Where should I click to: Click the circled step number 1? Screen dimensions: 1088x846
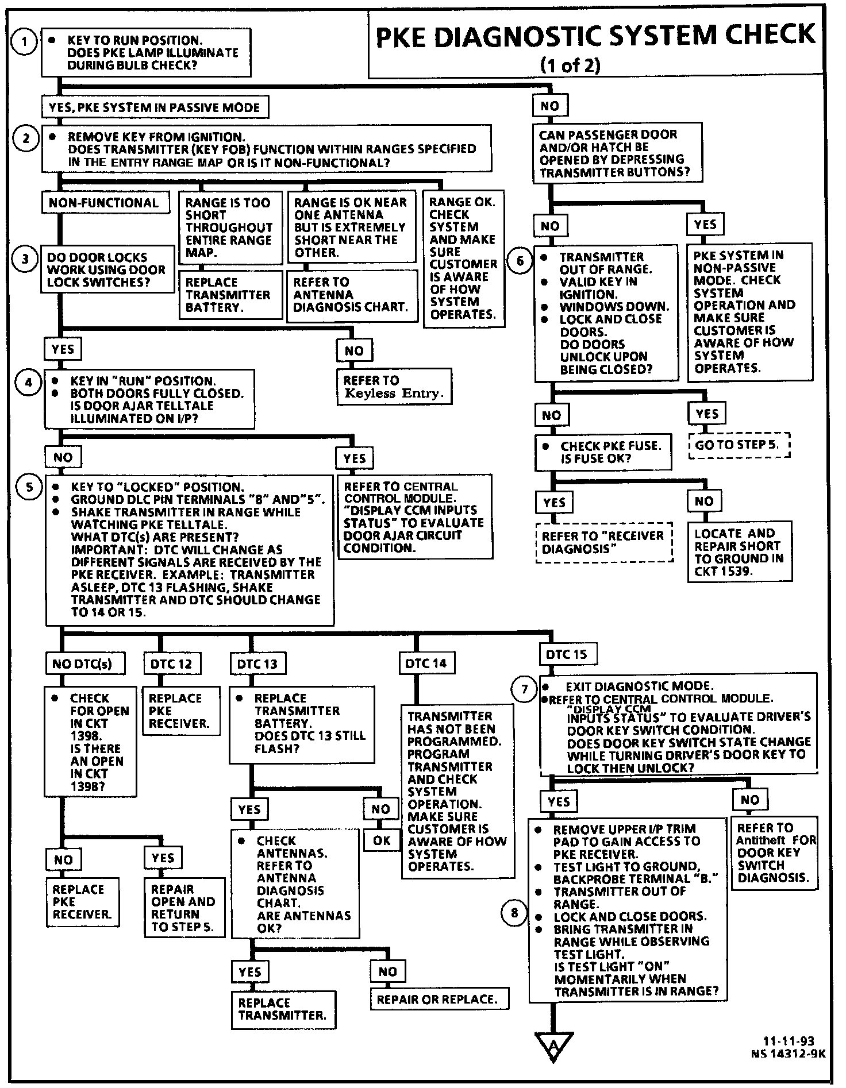coord(24,42)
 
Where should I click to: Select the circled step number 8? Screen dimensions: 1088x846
coord(514,913)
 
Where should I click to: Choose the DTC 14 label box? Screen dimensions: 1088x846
coord(426,663)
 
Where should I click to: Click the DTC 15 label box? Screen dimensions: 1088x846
coord(567,654)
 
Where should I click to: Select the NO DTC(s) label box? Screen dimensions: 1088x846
coord(82,664)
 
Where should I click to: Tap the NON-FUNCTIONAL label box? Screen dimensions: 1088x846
coord(103,203)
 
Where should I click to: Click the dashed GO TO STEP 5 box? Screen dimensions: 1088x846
coord(739,445)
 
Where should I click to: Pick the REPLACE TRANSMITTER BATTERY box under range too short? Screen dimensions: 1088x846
coord(229,295)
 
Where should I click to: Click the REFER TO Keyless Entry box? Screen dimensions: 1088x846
coord(393,387)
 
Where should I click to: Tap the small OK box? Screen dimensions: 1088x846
coord(382,841)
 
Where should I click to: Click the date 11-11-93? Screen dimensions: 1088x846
coord(788,1041)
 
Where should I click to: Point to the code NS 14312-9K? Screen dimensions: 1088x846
coord(788,1054)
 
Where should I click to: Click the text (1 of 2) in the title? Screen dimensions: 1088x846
coord(570,65)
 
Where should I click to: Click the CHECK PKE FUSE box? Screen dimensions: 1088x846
coord(603,452)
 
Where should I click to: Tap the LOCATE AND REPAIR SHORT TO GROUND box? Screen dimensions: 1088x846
coord(739,552)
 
